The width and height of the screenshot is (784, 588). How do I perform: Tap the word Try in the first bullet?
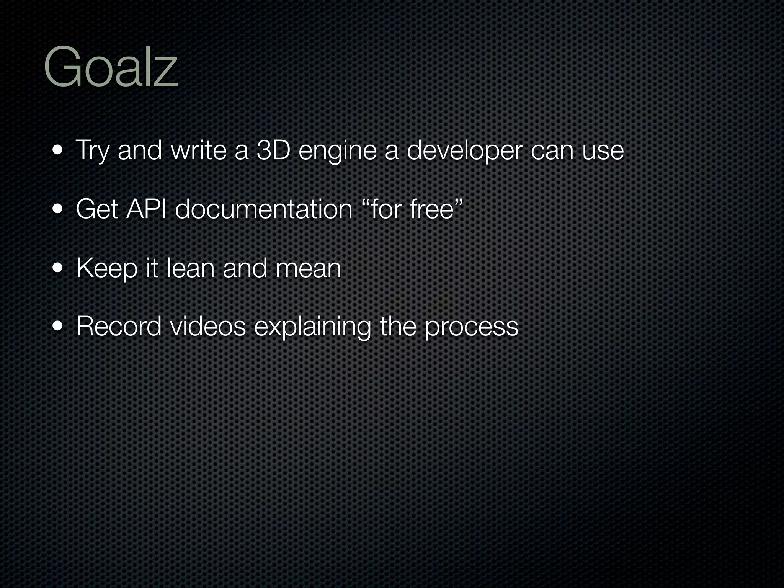click(92, 151)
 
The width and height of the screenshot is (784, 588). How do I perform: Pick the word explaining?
click(312, 328)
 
